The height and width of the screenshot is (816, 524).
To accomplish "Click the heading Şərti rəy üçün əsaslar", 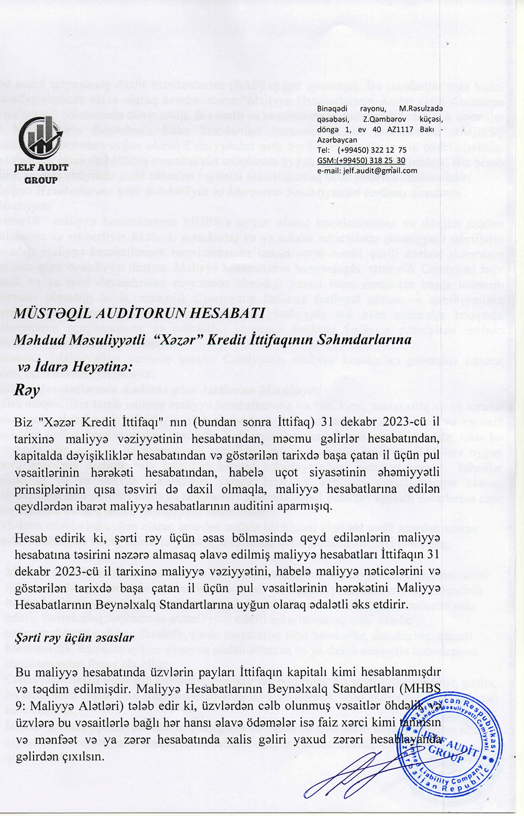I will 74,638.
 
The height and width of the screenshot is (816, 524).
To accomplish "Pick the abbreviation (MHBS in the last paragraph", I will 419,688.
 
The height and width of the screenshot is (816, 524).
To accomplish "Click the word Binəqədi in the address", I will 333,108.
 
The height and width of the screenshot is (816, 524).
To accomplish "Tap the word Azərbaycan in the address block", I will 337,140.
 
